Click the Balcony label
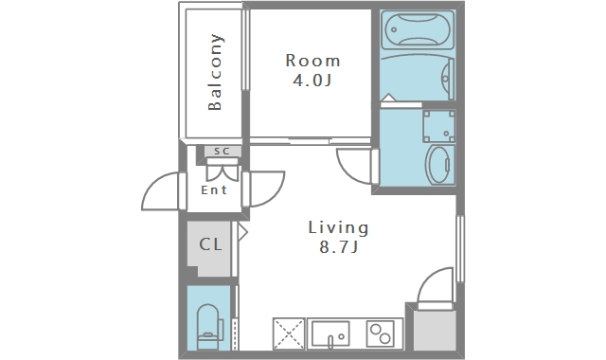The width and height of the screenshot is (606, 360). (x=215, y=72)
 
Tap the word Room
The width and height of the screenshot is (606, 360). (x=313, y=61)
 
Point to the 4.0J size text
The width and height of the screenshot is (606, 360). (x=312, y=81)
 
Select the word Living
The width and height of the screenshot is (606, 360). (x=338, y=227)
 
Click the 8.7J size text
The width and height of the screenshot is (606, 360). (x=339, y=246)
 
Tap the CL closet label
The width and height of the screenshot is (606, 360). (x=210, y=244)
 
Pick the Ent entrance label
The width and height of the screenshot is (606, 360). (x=214, y=189)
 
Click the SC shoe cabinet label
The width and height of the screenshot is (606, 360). (x=223, y=152)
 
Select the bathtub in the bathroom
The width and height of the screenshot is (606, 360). (x=418, y=29)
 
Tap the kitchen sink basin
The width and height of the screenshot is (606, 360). (x=330, y=333)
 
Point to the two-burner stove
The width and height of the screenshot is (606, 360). (x=380, y=333)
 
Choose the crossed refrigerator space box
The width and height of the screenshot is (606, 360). (x=289, y=334)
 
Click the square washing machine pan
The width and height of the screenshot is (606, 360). (x=438, y=126)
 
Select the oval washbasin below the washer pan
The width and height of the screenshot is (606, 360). (x=439, y=165)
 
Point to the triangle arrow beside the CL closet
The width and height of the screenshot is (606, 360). (x=242, y=232)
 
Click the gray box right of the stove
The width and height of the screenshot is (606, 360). (x=435, y=331)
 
